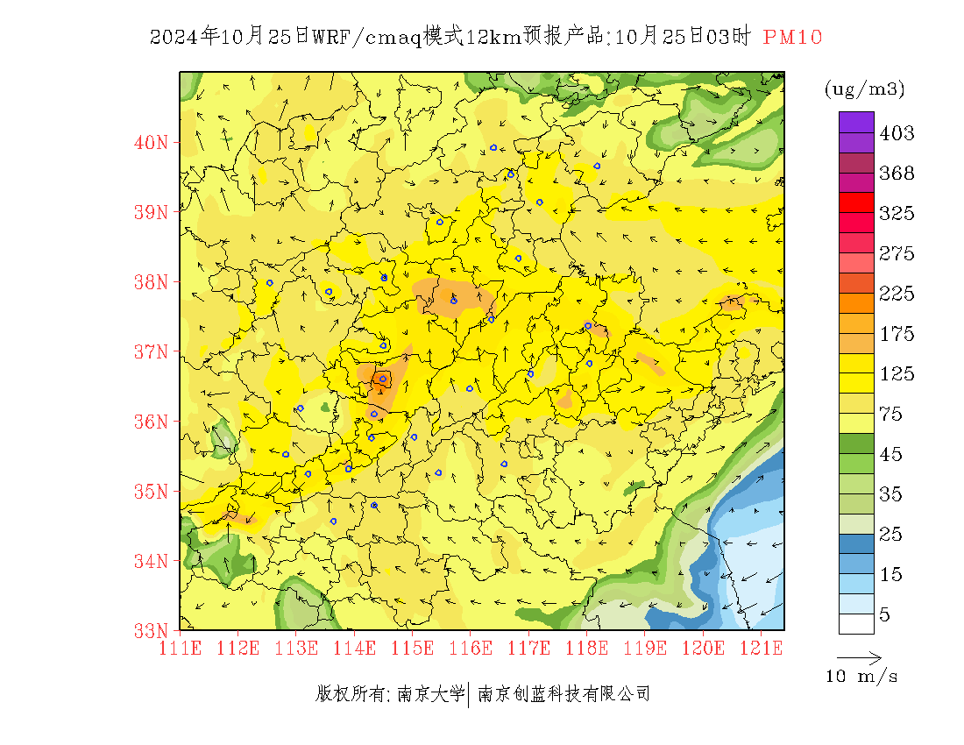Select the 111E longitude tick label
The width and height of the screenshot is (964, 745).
click(x=180, y=649)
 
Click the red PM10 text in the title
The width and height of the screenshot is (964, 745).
click(x=793, y=37)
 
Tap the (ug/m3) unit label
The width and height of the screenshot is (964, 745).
click(x=864, y=89)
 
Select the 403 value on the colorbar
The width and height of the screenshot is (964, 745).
click(x=897, y=133)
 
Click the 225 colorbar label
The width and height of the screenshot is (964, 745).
click(x=897, y=294)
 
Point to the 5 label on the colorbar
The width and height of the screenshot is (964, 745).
click(x=885, y=615)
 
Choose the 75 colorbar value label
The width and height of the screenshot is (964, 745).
click(x=891, y=415)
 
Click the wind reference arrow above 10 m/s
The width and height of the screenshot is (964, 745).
click(x=859, y=657)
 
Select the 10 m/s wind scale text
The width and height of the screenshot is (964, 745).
click(x=862, y=677)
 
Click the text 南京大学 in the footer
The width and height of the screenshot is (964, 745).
click(x=430, y=694)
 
